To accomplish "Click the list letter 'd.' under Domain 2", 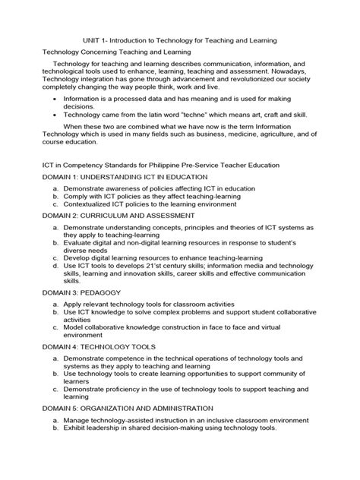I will click(x=56, y=265).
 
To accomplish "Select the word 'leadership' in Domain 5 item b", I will click(x=102, y=450).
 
